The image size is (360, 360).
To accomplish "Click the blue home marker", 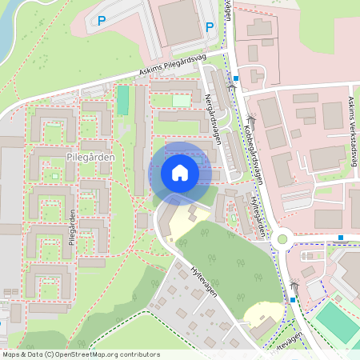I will (180, 173).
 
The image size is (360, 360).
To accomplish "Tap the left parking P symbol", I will (102, 21).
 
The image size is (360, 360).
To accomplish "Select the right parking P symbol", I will (210, 26).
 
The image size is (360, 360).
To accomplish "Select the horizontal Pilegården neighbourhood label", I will (91, 158).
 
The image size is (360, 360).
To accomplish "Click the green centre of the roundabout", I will (282, 238).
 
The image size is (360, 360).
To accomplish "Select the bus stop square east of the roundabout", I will (341, 237).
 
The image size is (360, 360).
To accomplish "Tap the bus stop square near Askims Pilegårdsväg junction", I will (256, 79).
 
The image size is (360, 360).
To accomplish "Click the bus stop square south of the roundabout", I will (293, 299).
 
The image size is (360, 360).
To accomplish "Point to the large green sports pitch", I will (336, 320).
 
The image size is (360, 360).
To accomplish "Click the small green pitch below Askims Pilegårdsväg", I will (122, 101).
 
